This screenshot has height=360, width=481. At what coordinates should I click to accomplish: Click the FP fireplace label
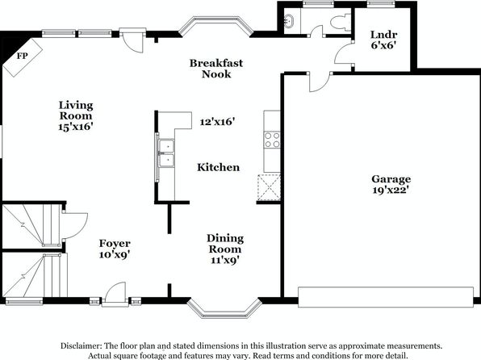coord(22,56)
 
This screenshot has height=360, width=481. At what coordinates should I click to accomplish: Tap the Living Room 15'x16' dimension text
coord(76,127)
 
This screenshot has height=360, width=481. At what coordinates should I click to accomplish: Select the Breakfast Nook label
coord(216,69)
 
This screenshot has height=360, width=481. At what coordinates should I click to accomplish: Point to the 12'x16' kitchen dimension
coord(217,122)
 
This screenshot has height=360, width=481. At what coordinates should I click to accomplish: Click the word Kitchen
coord(219,167)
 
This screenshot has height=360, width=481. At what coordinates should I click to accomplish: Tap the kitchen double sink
coord(166,153)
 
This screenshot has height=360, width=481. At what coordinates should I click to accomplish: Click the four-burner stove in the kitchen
coord(272,140)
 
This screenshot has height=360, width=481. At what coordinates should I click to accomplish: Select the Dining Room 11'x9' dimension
coord(225,260)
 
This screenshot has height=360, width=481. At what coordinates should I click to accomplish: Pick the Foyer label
coord(115,244)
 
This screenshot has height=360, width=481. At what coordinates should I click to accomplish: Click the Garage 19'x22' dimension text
coord(391,190)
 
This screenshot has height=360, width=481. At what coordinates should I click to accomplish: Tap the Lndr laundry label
coord(384,35)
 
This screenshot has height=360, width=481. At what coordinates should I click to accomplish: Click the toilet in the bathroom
coord(341,22)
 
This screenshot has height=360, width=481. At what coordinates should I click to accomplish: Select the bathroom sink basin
coord(288,21)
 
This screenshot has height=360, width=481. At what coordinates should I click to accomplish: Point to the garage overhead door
coord(386,297)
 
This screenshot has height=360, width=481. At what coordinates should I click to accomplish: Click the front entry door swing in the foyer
coord(115,294)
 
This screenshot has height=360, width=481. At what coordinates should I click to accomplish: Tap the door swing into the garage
coord(320,82)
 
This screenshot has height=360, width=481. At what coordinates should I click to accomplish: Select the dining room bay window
coord(224,308)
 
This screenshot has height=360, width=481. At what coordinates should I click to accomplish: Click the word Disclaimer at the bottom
coord(81,346)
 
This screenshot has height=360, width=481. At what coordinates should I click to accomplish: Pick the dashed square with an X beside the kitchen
coord(269,187)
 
